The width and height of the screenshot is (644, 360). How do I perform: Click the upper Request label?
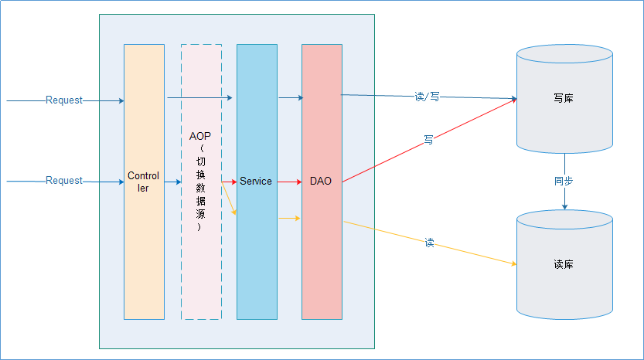[x=64, y=100]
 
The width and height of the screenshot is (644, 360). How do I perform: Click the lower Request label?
[x=64, y=181]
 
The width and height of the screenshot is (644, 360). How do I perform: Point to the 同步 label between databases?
[x=564, y=182]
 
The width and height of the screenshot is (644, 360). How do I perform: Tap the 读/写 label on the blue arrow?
[x=427, y=97]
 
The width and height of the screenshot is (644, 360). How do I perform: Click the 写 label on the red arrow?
[x=428, y=141]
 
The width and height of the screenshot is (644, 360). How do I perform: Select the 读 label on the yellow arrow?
[x=430, y=243]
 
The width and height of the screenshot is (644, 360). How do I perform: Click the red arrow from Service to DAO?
[x=289, y=182]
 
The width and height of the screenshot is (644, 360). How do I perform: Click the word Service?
[x=256, y=182]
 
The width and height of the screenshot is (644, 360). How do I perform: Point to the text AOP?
[x=200, y=136]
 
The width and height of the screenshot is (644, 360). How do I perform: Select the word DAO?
[x=321, y=182]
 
